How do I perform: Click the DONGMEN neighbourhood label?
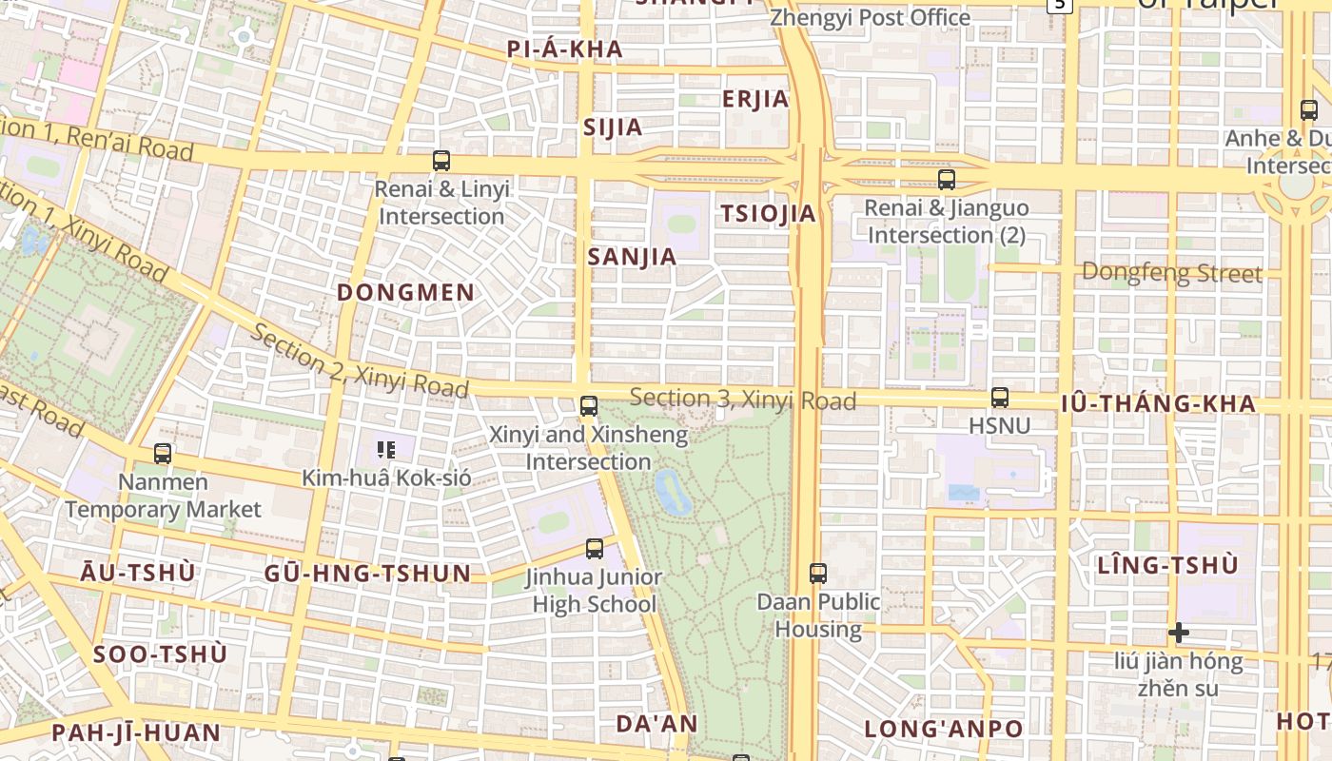coord(406,293)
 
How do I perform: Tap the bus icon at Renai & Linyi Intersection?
coord(441,161)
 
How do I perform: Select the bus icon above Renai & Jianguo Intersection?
coord(946,180)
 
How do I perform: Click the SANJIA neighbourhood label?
coord(632,257)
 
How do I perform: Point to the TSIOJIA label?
coord(769,214)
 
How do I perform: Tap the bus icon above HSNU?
coord(999,398)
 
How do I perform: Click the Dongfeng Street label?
coord(1172,274)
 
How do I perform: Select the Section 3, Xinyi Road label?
coord(742,400)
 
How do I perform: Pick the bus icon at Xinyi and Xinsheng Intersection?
coord(589,406)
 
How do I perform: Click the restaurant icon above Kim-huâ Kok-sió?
coord(385,449)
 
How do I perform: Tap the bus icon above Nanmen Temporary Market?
coord(163,454)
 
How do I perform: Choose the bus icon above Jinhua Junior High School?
coord(595,548)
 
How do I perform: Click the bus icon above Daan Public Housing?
coord(818,573)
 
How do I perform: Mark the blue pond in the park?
coord(674,492)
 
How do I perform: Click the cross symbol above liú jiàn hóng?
coord(1179,633)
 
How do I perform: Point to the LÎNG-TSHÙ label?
coord(1167,565)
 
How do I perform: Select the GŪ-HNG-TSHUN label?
coord(367,574)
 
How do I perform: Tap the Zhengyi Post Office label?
coord(870,18)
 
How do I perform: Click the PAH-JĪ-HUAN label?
coord(136,733)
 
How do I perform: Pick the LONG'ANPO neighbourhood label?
coord(944,730)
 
